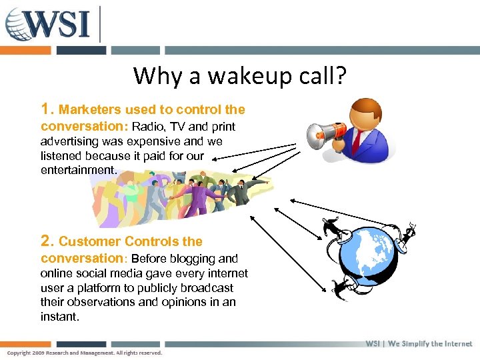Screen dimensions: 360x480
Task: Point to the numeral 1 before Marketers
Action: pos(45,109)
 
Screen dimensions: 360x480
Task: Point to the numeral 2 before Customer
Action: pos(45,241)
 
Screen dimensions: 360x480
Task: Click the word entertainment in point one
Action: pos(78,170)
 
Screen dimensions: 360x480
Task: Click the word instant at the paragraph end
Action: pos(59,317)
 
